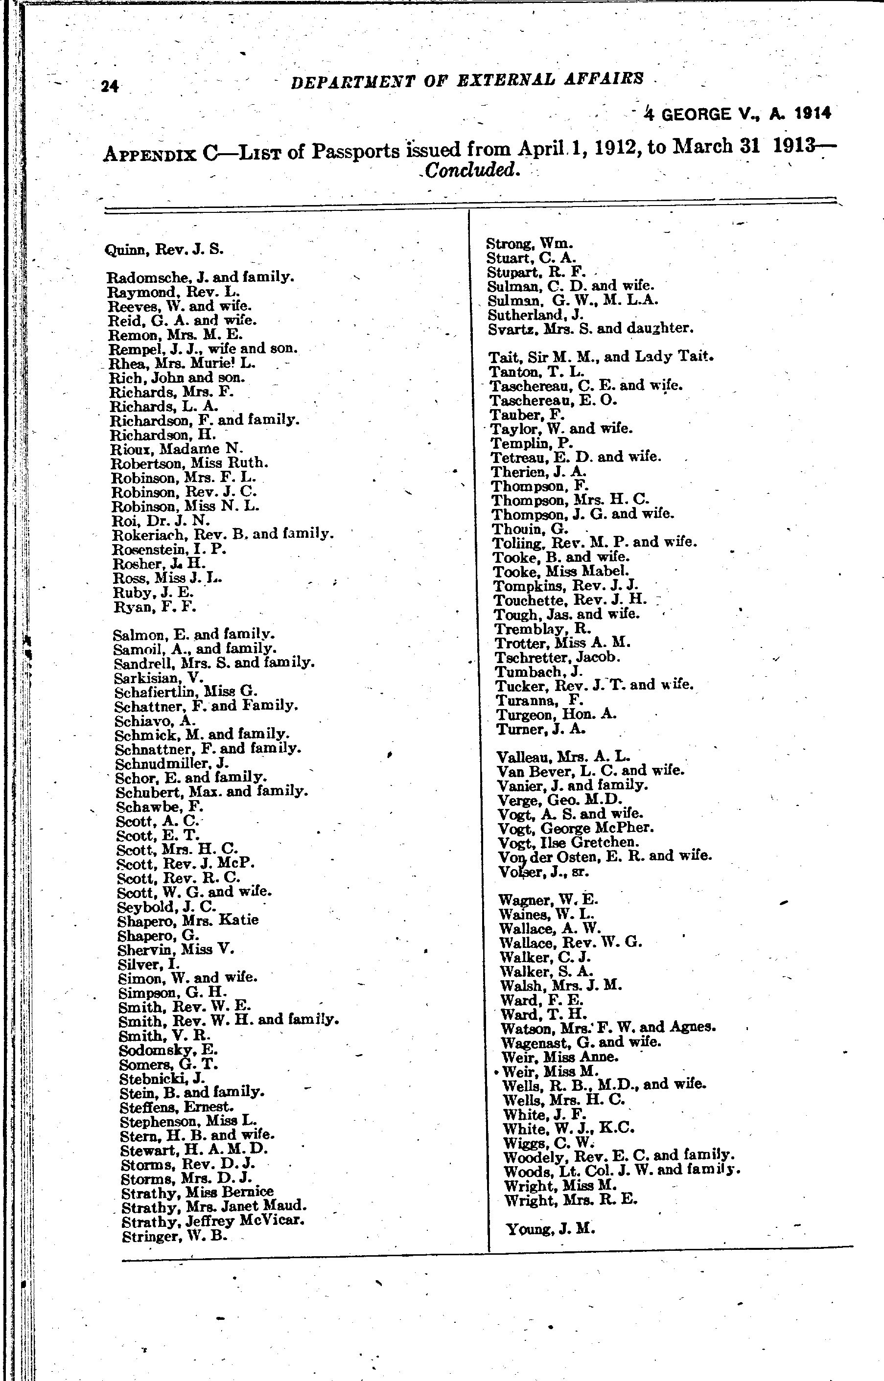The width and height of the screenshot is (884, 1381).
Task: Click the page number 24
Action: (110, 86)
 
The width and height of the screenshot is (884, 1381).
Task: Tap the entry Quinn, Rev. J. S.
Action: (164, 250)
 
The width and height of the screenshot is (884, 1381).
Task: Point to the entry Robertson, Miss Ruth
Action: (189, 462)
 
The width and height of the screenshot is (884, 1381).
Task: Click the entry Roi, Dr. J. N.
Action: (160, 520)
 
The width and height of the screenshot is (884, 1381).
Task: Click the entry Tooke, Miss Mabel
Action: (561, 572)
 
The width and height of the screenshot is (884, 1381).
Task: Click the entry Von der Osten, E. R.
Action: (605, 856)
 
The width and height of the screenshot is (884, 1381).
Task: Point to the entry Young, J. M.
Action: (550, 1229)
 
